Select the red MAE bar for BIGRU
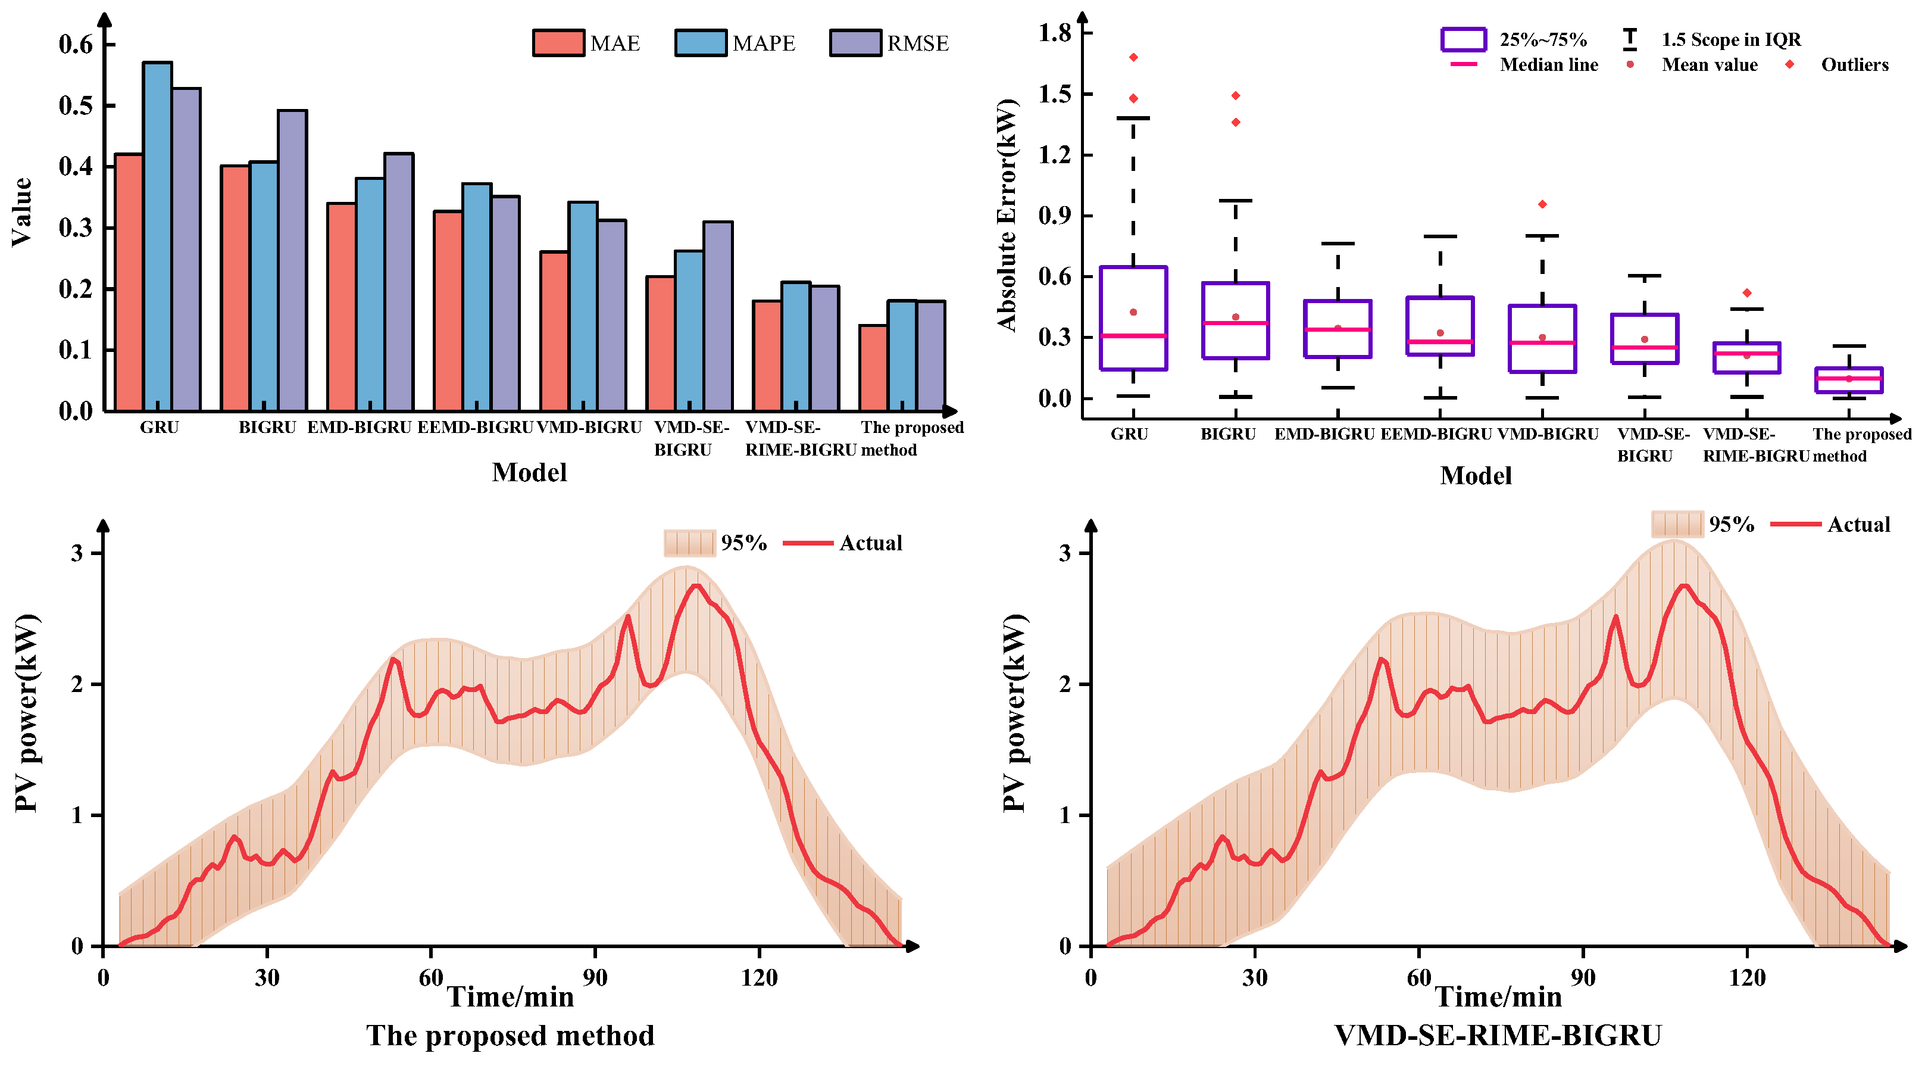[x=235, y=288]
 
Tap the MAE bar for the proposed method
[x=873, y=368]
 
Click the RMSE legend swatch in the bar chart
[x=855, y=43]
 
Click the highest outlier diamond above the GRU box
[x=1133, y=58]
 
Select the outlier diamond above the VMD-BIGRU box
[x=1542, y=204]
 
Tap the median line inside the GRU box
[x=1133, y=336]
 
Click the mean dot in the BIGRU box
[x=1235, y=317]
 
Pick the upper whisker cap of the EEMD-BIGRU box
[x=1440, y=236]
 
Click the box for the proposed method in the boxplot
[x=1849, y=380]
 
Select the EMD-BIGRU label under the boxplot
[x=1324, y=434]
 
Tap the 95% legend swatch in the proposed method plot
[x=688, y=543]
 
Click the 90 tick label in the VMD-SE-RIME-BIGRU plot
[x=1583, y=977]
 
